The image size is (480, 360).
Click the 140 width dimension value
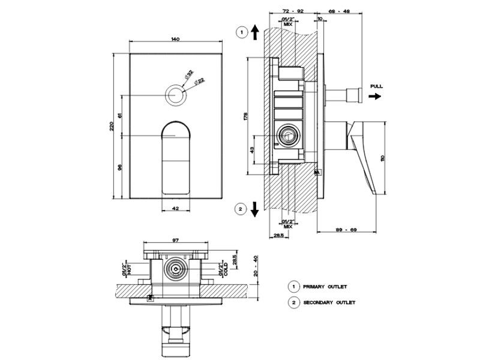point(175,39)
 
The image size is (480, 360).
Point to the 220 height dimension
point(112,126)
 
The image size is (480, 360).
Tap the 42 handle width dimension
point(175,208)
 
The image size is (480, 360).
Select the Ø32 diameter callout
point(189,74)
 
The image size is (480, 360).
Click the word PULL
point(376,86)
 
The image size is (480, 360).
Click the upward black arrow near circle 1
point(256,32)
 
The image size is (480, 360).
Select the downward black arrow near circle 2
point(255,209)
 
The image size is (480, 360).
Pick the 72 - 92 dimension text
point(292,11)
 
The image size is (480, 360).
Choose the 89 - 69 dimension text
point(347,230)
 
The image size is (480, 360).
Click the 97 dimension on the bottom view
point(175,240)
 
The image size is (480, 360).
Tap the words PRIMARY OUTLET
point(325,287)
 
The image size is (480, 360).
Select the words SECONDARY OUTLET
point(329,302)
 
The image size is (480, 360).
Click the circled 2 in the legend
point(294,302)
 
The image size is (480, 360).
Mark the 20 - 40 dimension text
point(256,265)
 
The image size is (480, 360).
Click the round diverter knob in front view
point(175,95)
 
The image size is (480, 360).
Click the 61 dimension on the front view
point(121,115)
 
